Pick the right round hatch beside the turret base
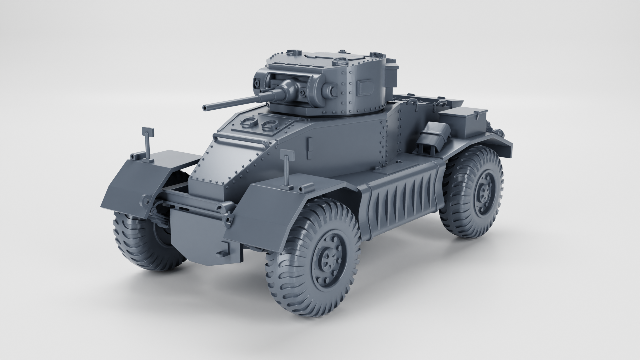click(x=269, y=125)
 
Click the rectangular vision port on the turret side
click(x=364, y=87)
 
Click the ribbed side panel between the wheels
click(x=400, y=203)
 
